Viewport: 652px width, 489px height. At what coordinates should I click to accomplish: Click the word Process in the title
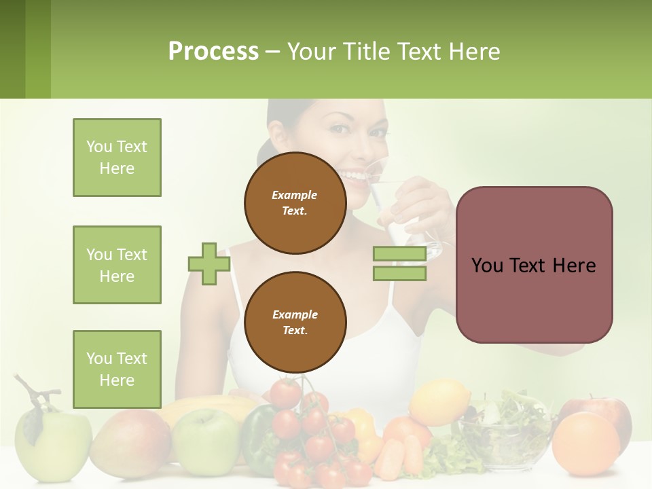coord(213,51)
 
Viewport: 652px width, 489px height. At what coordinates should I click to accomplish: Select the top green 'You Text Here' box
coord(117,158)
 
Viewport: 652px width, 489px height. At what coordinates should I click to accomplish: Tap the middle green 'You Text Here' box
coord(117,265)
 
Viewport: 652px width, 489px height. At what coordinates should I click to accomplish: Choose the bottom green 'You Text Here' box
coord(117,369)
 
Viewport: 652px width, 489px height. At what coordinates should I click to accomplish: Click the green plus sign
coord(209,264)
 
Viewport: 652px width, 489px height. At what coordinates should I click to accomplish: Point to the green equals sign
coord(399,264)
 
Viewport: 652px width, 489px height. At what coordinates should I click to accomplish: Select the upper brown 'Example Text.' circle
coord(295,202)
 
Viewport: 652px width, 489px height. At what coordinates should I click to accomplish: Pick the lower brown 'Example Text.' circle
coord(295,322)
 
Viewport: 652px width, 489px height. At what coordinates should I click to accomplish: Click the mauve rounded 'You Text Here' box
coord(534,265)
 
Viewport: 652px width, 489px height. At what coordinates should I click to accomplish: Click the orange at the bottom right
coord(585,444)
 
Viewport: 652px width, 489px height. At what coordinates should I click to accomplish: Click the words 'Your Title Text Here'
coord(393,51)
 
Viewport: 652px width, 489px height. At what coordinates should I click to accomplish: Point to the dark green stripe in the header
coord(12,49)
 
